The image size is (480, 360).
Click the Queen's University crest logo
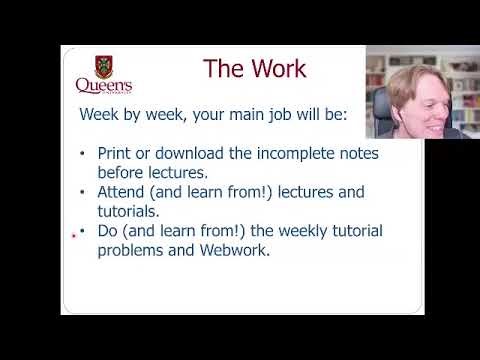pyautogui.click(x=104, y=68)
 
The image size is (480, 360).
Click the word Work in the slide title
pyautogui.click(x=274, y=69)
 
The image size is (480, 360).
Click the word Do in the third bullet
pyautogui.click(x=108, y=231)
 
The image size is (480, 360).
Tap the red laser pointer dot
pyautogui.click(x=75, y=236)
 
